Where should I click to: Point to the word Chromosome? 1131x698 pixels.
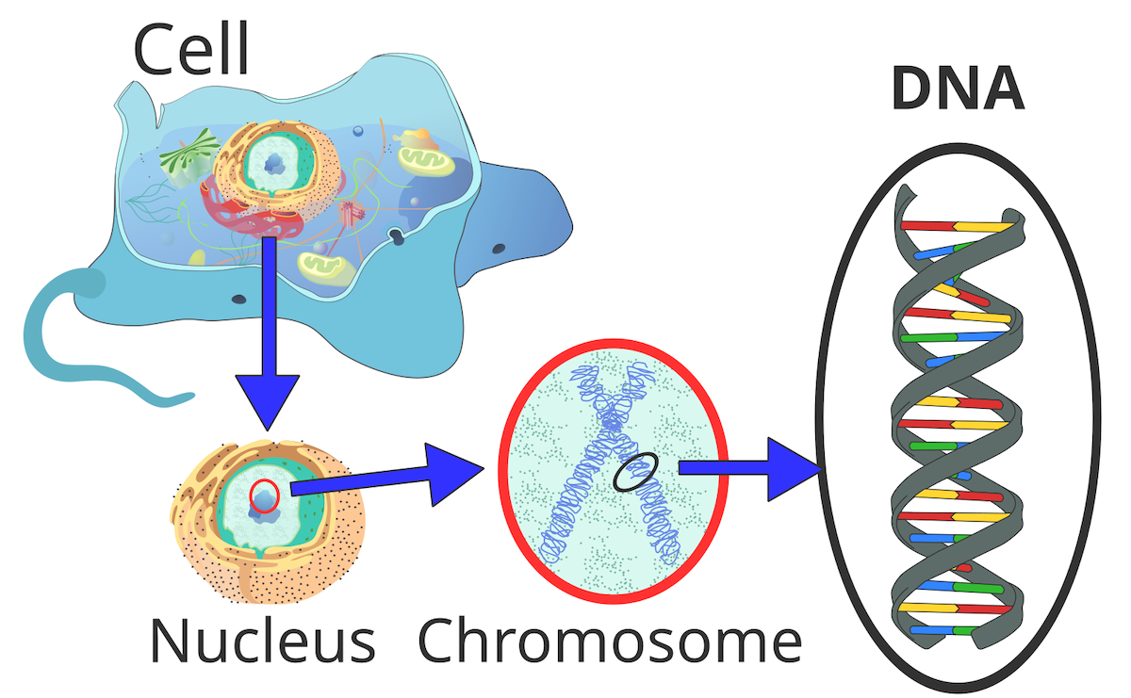(x=610, y=641)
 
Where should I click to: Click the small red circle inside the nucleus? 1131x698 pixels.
(x=265, y=496)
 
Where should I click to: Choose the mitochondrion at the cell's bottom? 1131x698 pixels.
(x=327, y=268)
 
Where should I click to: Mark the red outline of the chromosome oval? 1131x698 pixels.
(x=503, y=471)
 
